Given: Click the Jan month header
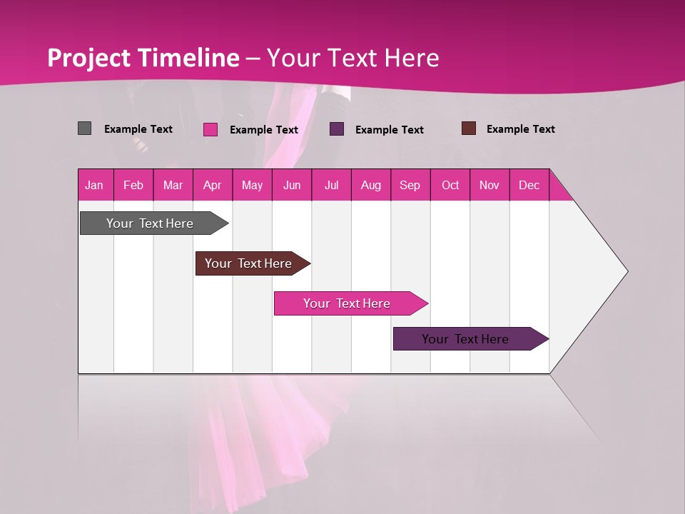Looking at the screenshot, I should [94, 186].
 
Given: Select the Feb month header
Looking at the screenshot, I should [133, 186].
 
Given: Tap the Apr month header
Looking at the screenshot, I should [212, 186].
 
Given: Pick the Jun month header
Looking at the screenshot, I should [292, 186].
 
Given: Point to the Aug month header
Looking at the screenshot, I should [370, 186].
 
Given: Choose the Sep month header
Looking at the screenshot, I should [410, 186].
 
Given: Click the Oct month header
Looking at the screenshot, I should [450, 186].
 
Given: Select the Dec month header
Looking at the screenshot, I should [529, 186].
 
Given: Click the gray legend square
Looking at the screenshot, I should [85, 128].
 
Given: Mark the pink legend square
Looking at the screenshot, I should [210, 129].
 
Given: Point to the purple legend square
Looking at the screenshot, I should [337, 129].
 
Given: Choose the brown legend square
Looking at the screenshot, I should [469, 128].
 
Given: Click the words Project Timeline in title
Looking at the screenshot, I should [143, 58].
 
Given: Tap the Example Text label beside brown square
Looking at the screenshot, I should [520, 129].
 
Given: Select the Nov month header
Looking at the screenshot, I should [489, 186].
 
